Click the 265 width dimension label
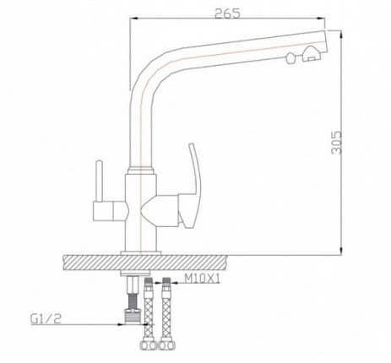click(227, 14)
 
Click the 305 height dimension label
click(337, 143)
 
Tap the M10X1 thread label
click(202, 279)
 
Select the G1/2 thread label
click(46, 319)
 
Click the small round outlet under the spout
click(291, 58)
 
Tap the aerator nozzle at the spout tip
click(311, 54)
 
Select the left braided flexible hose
click(149, 310)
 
